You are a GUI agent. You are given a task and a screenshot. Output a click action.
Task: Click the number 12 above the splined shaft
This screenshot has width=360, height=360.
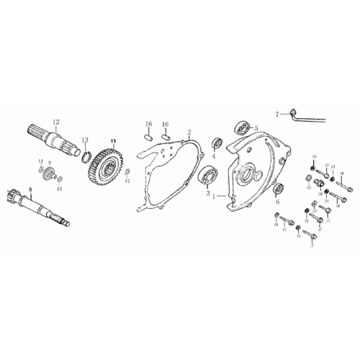pos(55,122)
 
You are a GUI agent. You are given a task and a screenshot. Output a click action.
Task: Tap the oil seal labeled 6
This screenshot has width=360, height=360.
pos(277,189)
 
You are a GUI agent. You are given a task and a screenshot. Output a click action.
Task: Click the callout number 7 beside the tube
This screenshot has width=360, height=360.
pos(276,113)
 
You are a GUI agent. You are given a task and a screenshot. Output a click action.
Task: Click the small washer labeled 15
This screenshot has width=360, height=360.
pos(127,173)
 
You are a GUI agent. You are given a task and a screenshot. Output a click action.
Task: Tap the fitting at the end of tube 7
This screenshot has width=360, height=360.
pos(292,112)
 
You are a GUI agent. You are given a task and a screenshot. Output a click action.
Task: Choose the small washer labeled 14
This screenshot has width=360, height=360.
pos(40,169)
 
